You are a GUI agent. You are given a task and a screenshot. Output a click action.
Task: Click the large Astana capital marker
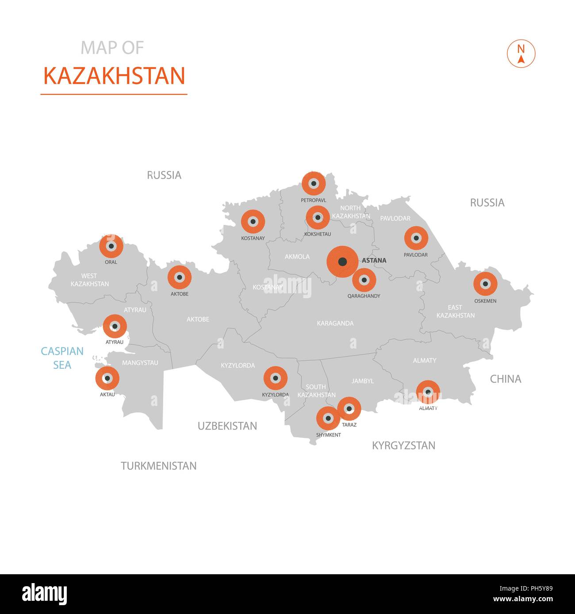coord(342,262)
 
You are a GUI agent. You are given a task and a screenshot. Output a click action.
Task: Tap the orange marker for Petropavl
coord(314,183)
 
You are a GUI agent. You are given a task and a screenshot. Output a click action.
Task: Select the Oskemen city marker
coord(485,284)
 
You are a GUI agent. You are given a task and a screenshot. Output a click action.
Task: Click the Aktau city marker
coord(107,378)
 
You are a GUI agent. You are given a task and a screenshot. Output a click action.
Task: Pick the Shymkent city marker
coord(328,418)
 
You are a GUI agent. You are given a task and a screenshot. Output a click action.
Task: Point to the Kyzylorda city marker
coord(276,378)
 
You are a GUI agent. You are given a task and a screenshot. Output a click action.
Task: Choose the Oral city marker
coord(111,246)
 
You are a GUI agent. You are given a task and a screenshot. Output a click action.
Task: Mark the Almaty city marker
coord(428,392)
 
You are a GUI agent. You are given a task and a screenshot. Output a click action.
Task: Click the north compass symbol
coord(521,54)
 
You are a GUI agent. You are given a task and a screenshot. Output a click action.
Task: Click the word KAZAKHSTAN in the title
coord(114,76)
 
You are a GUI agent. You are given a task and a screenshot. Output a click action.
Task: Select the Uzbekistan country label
coord(227,426)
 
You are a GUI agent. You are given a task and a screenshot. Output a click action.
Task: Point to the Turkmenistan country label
coord(159,466)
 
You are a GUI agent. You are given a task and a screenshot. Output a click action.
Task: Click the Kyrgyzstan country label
coord(403,445)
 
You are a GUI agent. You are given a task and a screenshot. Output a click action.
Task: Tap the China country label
coord(506,379)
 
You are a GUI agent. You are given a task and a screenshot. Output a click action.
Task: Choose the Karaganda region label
coord(335,323)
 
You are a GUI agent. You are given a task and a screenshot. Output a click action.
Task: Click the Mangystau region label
coord(140,363)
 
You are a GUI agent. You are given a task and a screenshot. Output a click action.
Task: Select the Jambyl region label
coord(363,381)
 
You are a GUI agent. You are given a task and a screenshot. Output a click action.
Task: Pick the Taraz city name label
coord(349,425)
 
